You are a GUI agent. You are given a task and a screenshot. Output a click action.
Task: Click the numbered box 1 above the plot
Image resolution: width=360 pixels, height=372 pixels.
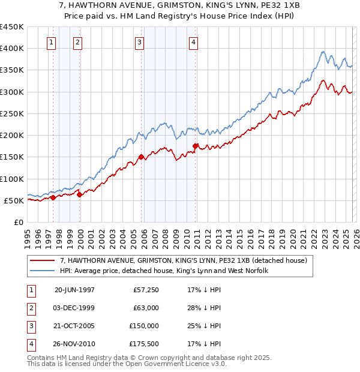coord(51,42)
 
